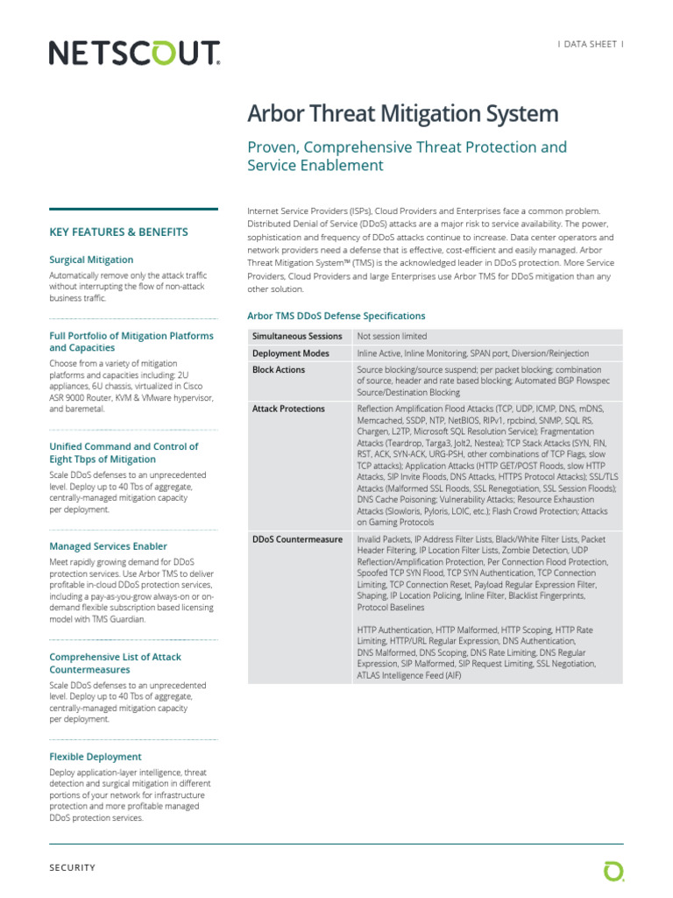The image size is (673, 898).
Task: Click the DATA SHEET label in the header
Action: tap(592, 43)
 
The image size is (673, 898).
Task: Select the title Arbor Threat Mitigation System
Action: tap(403, 114)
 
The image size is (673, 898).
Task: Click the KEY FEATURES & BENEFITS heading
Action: tap(118, 232)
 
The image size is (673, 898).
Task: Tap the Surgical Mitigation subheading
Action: tap(91, 260)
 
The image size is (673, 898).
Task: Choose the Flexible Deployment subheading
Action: tap(95, 756)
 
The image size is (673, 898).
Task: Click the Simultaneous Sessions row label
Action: tap(297, 337)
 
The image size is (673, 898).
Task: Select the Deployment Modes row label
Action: tap(291, 353)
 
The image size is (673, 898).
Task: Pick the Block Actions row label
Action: tap(279, 370)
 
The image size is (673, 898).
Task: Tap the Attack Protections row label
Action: tap(288, 409)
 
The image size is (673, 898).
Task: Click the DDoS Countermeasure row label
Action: tap(297, 539)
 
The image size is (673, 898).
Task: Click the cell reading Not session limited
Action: tap(392, 337)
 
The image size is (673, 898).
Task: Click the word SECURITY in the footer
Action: tap(73, 868)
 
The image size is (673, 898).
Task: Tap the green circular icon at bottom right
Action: tap(613, 870)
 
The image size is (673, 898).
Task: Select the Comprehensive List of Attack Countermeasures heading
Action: tap(115, 663)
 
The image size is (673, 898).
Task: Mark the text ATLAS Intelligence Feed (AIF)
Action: tap(409, 676)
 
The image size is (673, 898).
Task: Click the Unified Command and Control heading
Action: tap(124, 453)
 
